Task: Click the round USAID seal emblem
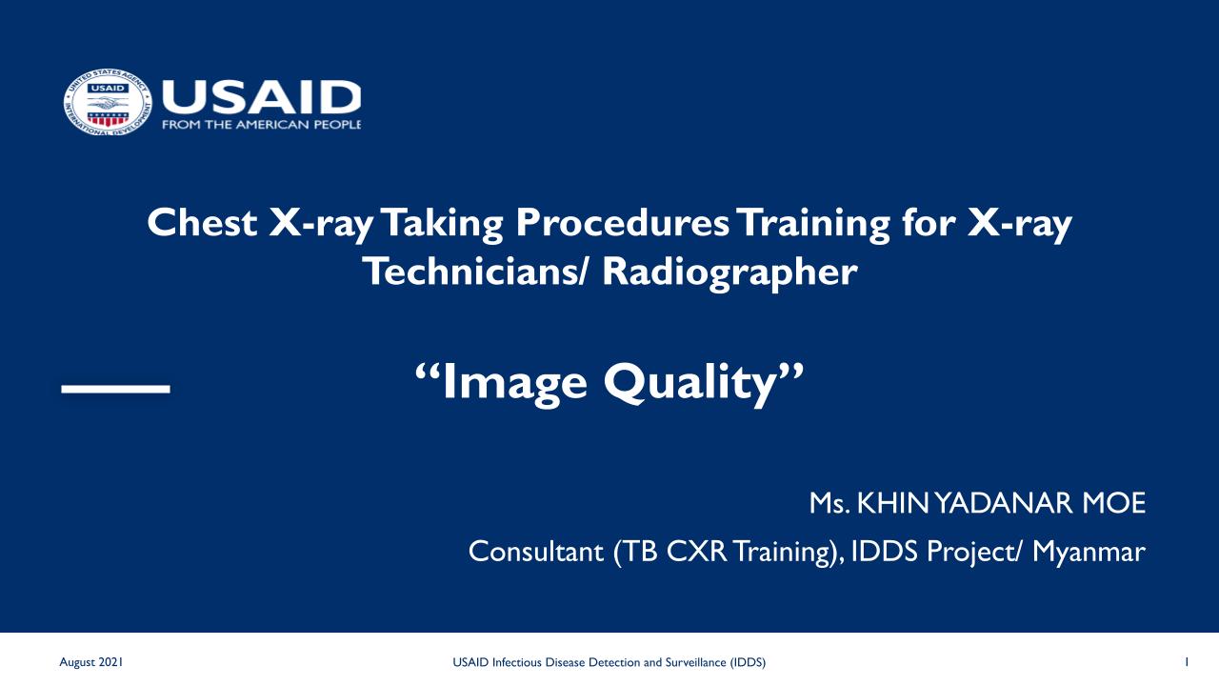coord(108,102)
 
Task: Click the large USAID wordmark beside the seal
coord(261,98)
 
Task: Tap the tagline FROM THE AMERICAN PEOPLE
coord(261,125)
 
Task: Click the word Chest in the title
coord(202,223)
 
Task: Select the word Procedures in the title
coord(622,224)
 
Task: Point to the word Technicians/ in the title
coord(475,272)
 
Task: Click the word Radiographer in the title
coord(729,272)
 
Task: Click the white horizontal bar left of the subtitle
coord(116,389)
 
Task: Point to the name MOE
coord(1114,503)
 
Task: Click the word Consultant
coord(536,552)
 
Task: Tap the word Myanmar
coord(1089,553)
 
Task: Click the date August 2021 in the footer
coord(90,662)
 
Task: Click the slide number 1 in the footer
coord(1187,662)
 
